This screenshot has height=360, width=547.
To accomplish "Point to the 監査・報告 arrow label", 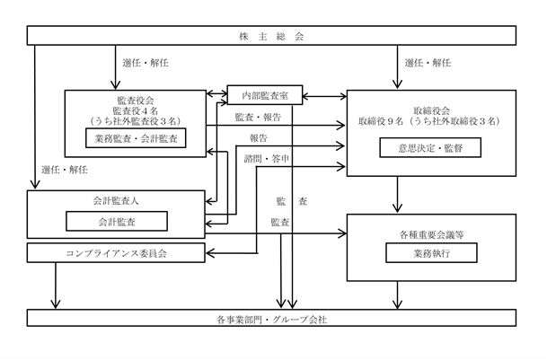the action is coord(258,118).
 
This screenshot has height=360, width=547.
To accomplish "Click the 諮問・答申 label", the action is coord(267,159).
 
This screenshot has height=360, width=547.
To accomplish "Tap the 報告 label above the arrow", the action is coord(259,138).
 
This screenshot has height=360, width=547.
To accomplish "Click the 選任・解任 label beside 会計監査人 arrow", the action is coord(65,170).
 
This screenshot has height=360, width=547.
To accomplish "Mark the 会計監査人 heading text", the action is coord(116,201).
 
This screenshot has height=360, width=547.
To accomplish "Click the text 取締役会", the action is coord(431,111).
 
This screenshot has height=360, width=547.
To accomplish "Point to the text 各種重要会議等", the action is coord(431,235).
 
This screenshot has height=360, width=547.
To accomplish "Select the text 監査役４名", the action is coord(136,111).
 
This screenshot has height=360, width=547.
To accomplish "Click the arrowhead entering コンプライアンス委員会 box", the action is coord(210,253).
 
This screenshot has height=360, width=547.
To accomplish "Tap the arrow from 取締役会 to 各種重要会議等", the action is coord(397,194).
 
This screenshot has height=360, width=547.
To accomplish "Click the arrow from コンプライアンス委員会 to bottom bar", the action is coord(56,285).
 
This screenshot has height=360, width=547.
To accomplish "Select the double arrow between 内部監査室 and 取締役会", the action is coord(325,96).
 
